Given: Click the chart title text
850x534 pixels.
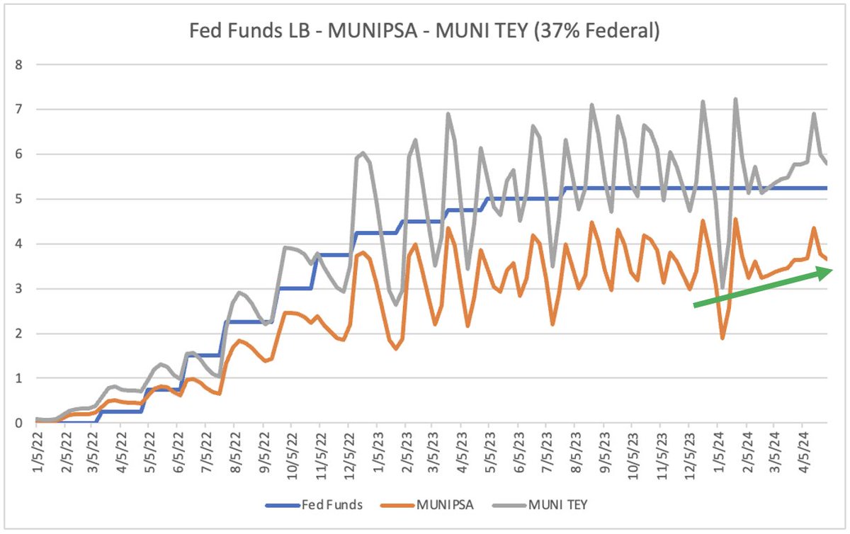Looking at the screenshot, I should (424, 32).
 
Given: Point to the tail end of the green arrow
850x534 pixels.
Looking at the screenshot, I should (695, 305).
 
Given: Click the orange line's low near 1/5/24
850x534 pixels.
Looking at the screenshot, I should (722, 338).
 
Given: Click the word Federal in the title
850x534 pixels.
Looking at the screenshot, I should (623, 32).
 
